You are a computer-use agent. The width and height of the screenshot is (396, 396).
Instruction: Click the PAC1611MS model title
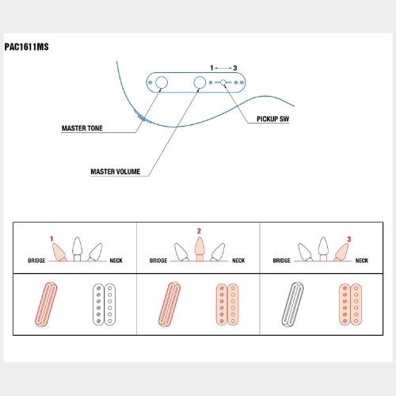click(27, 47)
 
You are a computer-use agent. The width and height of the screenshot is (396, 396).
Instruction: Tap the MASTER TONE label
click(82, 128)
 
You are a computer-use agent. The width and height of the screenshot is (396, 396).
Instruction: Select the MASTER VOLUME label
click(116, 172)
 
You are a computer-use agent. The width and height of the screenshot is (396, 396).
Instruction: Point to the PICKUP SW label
click(273, 119)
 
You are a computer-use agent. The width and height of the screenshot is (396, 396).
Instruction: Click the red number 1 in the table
click(51, 239)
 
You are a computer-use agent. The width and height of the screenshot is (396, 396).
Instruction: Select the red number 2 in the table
click(199, 231)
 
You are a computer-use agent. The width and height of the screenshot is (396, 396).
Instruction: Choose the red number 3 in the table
click(349, 239)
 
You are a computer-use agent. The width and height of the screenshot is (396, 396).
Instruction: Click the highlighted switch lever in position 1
click(59, 252)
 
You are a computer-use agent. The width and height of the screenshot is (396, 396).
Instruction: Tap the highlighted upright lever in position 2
click(200, 249)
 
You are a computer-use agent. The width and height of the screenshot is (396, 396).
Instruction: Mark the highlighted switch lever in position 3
click(341, 252)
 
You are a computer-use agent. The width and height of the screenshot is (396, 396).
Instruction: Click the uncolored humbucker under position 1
click(105, 304)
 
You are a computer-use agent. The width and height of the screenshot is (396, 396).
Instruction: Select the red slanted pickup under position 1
click(46, 304)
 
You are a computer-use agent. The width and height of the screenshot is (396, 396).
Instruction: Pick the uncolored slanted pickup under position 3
click(293, 304)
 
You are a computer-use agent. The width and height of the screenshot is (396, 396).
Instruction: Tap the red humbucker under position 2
click(227, 304)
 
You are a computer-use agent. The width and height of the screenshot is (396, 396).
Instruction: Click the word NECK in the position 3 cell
click(362, 261)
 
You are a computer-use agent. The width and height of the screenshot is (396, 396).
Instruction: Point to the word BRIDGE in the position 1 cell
click(36, 261)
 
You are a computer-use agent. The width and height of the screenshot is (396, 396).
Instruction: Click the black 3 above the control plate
click(235, 68)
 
